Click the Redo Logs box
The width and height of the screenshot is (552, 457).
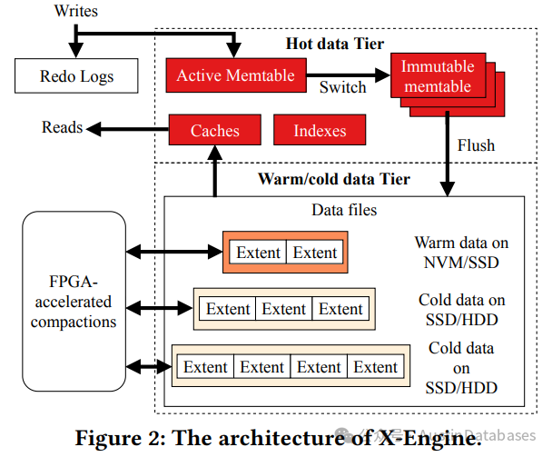pos(76,76)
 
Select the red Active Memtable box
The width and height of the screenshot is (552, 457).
pos(235,75)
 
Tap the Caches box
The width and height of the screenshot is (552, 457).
pos(215,130)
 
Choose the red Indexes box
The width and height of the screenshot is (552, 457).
pos(320,130)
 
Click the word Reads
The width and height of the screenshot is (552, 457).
pos(63,128)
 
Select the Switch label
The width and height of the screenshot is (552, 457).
pos(343,88)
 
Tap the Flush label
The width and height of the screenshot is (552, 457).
pos(477,145)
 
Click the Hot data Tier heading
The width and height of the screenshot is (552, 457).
pos(334,45)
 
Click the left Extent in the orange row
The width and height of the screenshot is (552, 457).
pos(258,253)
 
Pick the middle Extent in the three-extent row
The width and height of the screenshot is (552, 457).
pos(284,309)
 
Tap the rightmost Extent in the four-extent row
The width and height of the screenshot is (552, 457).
pos(376,367)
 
